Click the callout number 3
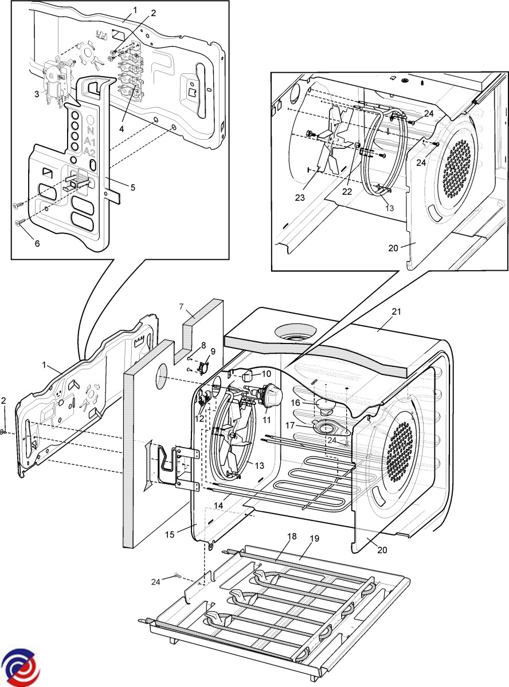(x=37, y=94)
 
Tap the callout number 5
(x=133, y=187)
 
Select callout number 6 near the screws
(x=37, y=243)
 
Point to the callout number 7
(x=182, y=307)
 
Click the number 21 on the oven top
(x=397, y=311)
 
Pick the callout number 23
(x=300, y=198)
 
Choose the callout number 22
(x=347, y=192)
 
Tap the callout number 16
(x=296, y=402)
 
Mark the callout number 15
(x=170, y=535)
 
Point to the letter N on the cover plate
(x=91, y=130)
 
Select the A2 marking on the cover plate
(x=90, y=152)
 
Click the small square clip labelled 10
(x=246, y=377)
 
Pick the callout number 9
(x=213, y=352)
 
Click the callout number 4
(x=122, y=129)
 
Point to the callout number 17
(x=289, y=425)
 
